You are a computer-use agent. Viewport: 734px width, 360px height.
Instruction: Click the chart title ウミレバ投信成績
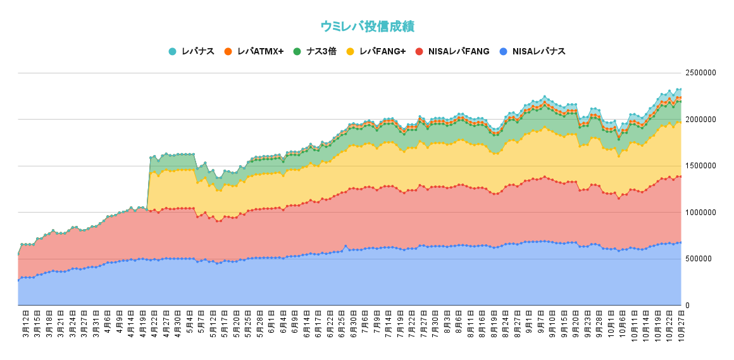point(367,26)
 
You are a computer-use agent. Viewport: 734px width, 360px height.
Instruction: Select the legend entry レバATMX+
point(260,51)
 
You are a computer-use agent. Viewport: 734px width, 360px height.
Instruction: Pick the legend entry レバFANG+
point(382,51)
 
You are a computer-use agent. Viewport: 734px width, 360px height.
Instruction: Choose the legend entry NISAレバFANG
point(458,51)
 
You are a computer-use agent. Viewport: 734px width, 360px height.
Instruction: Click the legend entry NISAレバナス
point(538,51)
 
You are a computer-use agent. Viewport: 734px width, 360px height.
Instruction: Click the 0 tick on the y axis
point(688,306)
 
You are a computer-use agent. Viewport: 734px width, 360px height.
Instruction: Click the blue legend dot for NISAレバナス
point(503,51)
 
